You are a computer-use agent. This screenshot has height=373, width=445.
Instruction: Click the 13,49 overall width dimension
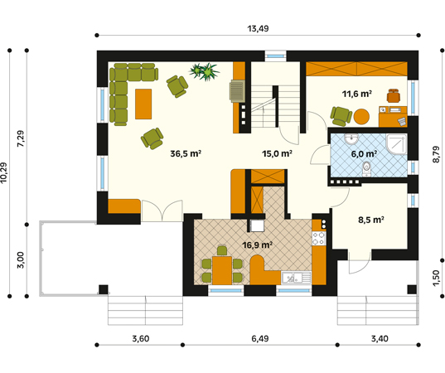point(258,29)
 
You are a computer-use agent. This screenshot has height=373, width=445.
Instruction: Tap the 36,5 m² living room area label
point(186,153)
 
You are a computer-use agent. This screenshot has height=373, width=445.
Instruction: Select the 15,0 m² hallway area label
point(277,153)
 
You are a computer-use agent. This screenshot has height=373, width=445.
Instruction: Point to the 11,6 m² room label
point(356,94)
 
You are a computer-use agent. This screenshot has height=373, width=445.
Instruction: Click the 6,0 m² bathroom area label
point(364,154)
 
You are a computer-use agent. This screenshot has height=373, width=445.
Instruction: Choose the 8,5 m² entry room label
point(371,220)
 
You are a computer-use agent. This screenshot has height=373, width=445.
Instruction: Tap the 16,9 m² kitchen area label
point(258,245)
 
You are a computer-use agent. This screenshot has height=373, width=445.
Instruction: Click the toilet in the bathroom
point(366,169)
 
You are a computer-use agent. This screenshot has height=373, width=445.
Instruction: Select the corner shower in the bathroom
point(396,144)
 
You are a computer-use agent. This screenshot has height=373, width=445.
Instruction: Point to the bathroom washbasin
point(351,139)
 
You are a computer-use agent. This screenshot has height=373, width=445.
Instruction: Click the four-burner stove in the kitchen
point(319,239)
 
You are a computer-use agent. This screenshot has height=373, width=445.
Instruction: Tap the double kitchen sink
point(296,278)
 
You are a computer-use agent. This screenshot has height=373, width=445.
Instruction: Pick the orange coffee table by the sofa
point(143,104)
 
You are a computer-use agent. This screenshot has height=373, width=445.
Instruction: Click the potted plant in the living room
point(205,71)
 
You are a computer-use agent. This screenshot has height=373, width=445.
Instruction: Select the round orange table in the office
point(361,117)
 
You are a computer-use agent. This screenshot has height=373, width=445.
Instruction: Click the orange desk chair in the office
point(394,95)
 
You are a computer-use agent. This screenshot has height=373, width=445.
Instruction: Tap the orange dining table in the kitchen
point(222,270)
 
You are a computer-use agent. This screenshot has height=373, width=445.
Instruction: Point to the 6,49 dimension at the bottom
point(260,339)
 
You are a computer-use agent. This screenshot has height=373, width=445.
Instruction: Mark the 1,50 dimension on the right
point(437,279)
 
